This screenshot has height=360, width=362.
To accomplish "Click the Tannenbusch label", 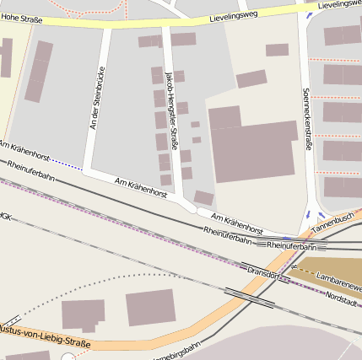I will [333, 223].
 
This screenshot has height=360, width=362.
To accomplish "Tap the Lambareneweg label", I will [338, 277].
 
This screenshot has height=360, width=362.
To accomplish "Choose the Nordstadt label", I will [343, 298].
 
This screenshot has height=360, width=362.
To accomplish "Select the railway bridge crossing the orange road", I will [251, 297].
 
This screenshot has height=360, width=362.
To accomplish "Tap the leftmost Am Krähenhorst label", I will [25, 152].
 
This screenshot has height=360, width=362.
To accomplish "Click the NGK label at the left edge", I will [5, 216].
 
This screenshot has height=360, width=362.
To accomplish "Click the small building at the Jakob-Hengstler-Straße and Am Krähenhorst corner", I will [204, 198].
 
